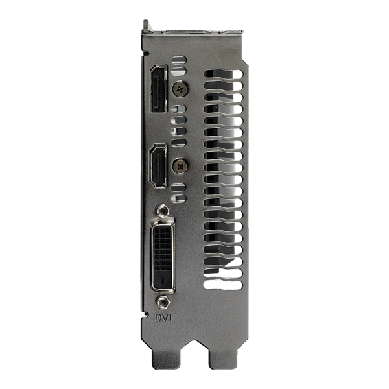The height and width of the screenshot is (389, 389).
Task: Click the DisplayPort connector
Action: click(158, 89)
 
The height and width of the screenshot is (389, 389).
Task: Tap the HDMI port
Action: click(158, 165)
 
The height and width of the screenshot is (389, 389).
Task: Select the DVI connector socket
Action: click(163, 255)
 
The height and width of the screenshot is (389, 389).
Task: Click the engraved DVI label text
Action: click(163, 318)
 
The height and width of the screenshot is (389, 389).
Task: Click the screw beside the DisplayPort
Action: click(180, 89)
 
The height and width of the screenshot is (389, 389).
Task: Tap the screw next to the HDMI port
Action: click(180, 166)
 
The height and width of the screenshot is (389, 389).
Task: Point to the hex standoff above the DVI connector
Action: click(163, 211)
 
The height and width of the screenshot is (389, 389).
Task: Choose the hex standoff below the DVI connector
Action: click(162, 302)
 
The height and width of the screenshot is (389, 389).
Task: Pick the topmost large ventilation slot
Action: click(223, 74)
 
